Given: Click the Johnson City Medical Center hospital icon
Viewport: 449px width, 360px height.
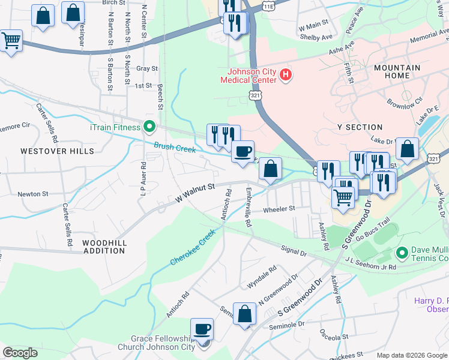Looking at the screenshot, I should [x=286, y=76].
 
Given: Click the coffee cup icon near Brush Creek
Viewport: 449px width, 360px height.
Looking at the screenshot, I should [x=243, y=152].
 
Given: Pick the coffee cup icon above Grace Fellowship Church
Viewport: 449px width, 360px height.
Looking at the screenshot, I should [x=202, y=329].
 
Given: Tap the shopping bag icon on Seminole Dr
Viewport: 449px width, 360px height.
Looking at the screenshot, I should [x=244, y=313].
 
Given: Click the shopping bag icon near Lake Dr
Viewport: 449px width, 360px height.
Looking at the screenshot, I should [x=407, y=150].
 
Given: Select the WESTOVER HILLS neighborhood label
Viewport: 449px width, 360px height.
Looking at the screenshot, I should [x=53, y=151].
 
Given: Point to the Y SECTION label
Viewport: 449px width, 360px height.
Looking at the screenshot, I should [x=360, y=127].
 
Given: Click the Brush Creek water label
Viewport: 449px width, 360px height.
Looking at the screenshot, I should [x=174, y=148].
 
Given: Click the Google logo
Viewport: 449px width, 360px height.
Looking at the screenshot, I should [x=20, y=353].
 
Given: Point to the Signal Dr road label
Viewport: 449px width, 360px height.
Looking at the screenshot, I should [x=294, y=250].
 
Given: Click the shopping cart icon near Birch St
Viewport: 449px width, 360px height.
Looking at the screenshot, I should [x=10, y=41].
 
